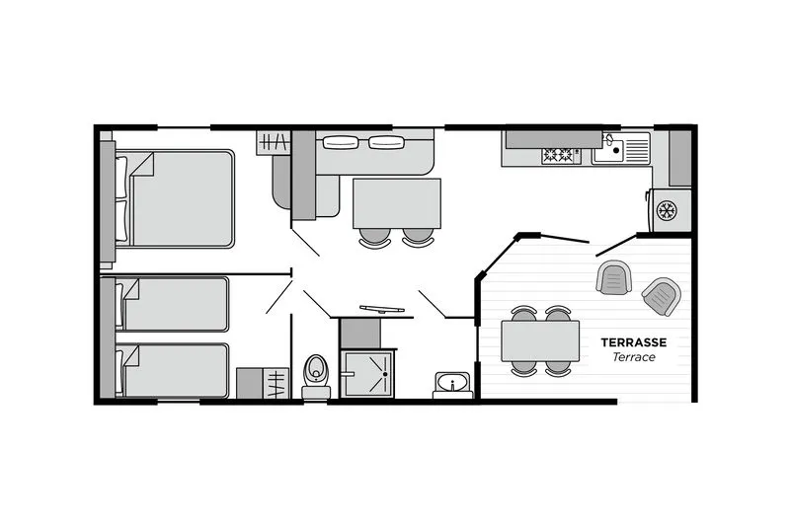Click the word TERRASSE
pyautogui.click(x=633, y=342)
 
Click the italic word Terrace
pyautogui.click(x=634, y=357)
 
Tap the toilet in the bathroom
pyautogui.click(x=316, y=377)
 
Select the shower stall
pyautogui.click(x=367, y=374)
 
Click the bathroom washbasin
pyautogui.click(x=452, y=385)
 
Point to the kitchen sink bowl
pyautogui.click(x=608, y=149)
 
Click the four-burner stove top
pyautogui.click(x=558, y=155)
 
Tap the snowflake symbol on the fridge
pyautogui.click(x=668, y=210)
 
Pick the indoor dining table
pyautogui.click(x=397, y=203)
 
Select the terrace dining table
pyautogui.click(x=540, y=341)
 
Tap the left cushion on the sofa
pyautogui.click(x=341, y=142)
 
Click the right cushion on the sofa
pyautogui.click(x=386, y=142)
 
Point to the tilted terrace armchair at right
pyautogui.click(x=661, y=296)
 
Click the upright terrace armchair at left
pyautogui.click(x=614, y=277)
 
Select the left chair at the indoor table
pyautogui.click(x=375, y=238)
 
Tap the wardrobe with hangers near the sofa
pyautogui.click(x=274, y=142)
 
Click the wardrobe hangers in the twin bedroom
pyautogui.click(x=276, y=384)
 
